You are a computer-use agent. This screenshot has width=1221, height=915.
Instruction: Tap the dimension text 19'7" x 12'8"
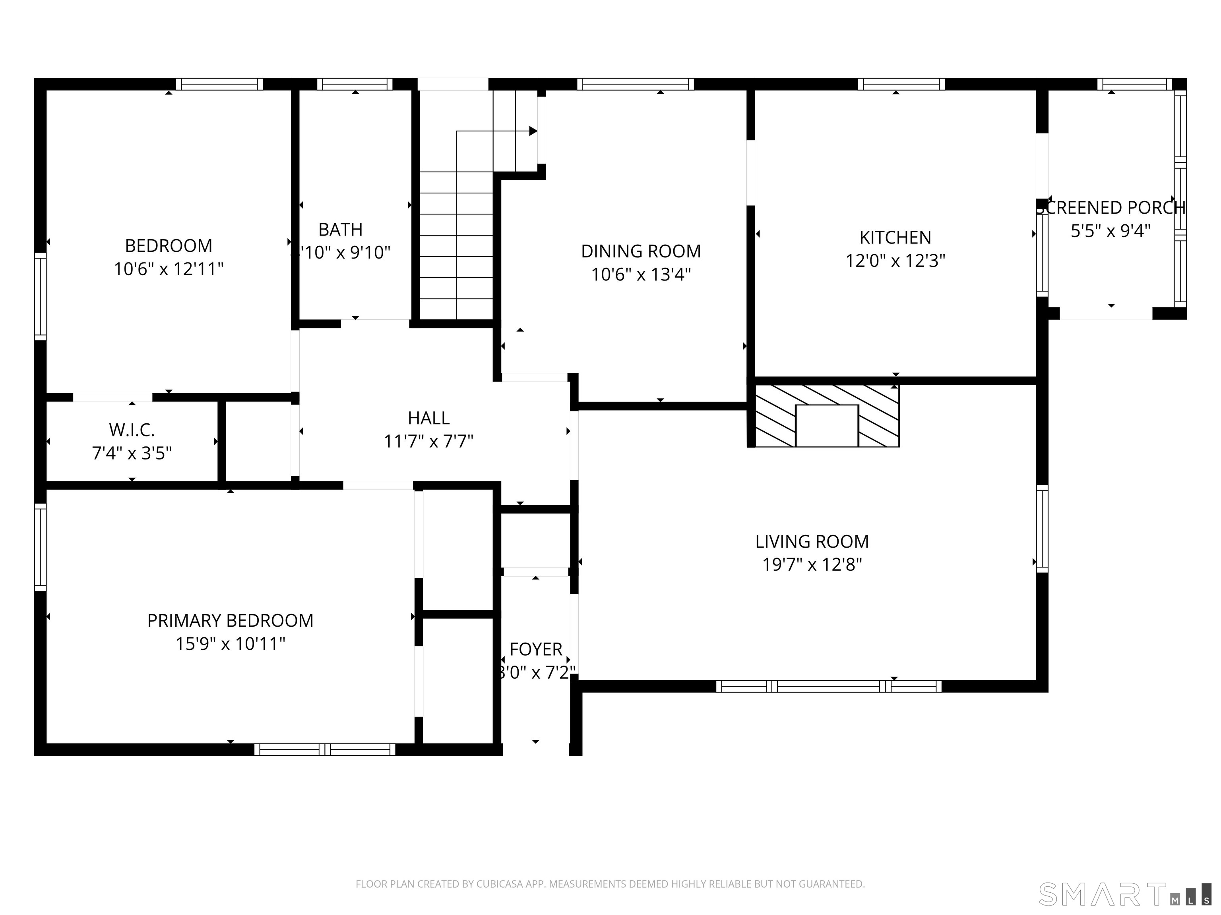click(812, 565)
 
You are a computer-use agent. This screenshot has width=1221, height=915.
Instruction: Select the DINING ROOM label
click(640, 251)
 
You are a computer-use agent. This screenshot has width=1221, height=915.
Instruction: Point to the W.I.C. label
click(132, 430)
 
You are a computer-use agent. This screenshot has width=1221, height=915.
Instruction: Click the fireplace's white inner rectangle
click(826, 425)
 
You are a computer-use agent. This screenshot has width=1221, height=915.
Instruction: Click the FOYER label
click(535, 649)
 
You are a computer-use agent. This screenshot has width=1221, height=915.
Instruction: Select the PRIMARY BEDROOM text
click(230, 620)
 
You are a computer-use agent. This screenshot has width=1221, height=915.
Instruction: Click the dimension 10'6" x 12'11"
click(169, 269)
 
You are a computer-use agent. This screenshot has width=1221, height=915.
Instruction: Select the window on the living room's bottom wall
click(829, 686)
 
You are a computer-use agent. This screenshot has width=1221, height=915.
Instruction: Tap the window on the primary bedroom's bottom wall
click(325, 749)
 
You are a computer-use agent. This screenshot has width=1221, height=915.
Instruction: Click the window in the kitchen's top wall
click(901, 84)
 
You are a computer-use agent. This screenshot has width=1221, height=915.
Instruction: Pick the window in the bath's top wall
click(355, 84)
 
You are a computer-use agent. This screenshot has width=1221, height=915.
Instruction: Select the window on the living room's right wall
click(1042, 528)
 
